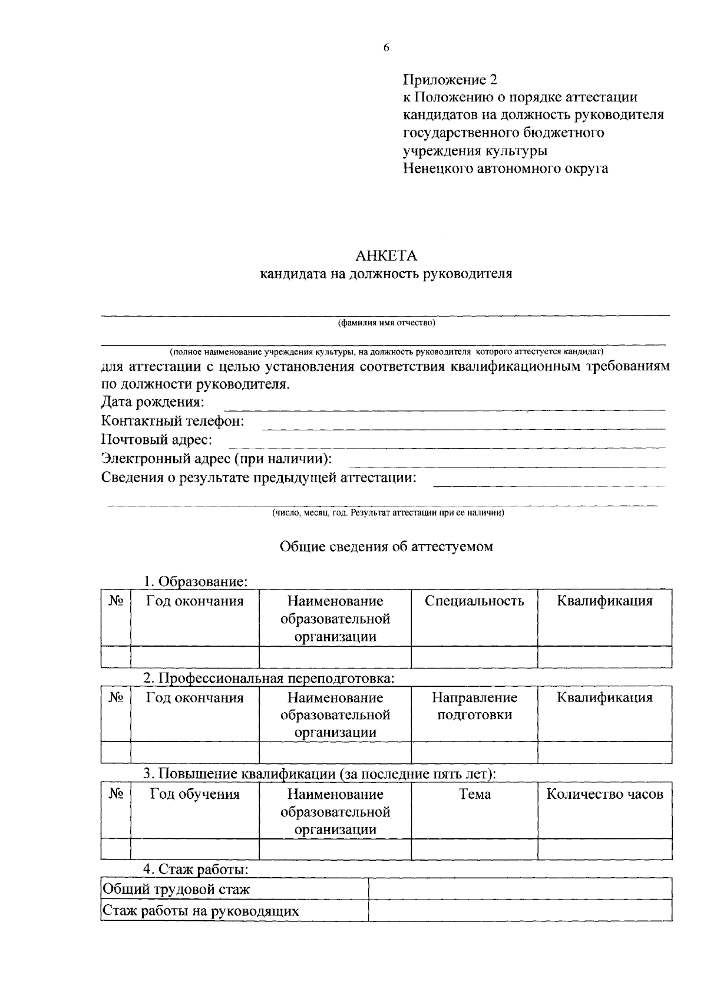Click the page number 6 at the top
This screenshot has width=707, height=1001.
point(386,48)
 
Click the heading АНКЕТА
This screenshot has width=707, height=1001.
point(386,256)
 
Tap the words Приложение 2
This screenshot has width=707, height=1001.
point(450,80)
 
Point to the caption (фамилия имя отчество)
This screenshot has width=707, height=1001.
point(386,323)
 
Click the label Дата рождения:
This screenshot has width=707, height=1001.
point(153,403)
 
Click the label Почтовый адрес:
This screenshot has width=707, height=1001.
point(157,440)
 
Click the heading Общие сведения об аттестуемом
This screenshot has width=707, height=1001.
point(386,546)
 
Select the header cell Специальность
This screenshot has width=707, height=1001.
point(474,601)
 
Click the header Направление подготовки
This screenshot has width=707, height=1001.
point(474,706)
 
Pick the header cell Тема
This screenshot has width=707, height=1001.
point(474,794)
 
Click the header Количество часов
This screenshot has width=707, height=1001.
point(604,794)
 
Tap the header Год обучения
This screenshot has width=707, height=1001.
point(194,794)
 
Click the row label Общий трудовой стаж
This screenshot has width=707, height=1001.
point(176,890)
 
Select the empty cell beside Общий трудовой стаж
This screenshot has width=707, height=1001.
point(520,889)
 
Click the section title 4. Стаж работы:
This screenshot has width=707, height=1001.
point(196,870)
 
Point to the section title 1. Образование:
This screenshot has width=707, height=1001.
point(196,582)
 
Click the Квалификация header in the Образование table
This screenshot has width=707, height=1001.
point(604,601)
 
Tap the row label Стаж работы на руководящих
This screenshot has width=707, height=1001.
point(200,911)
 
